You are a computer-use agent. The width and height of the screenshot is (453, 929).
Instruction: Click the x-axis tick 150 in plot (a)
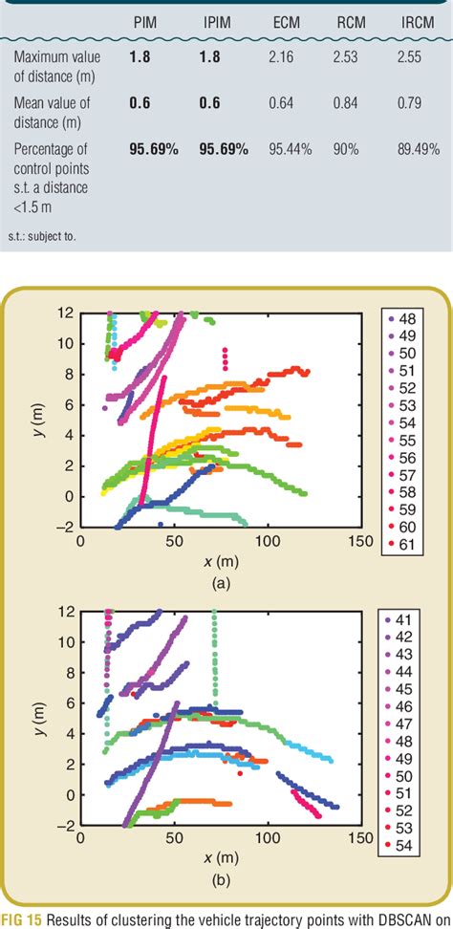click(x=357, y=541)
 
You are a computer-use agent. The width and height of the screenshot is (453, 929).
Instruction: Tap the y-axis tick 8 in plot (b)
click(x=69, y=671)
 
